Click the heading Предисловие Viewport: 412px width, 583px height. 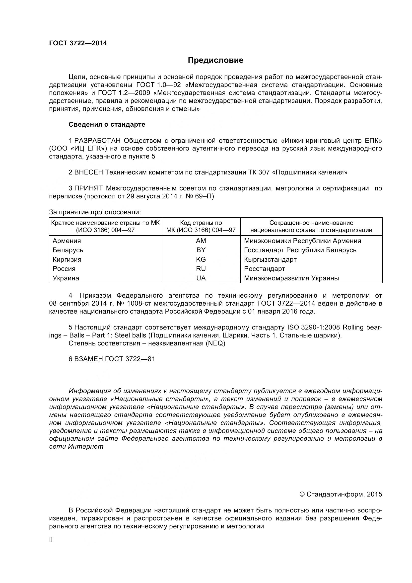(215, 60)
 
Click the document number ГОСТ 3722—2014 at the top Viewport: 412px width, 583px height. (78, 43)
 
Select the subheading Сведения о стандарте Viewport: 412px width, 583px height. (107, 124)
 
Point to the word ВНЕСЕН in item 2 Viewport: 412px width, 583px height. (88, 172)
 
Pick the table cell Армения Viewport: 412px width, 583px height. (67, 241)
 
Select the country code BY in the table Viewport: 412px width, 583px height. (201, 250)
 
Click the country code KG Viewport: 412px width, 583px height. (201, 259)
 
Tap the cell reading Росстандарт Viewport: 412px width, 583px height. (264, 269)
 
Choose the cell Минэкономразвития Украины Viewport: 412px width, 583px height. (291, 278)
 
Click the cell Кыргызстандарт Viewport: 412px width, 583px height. (270, 259)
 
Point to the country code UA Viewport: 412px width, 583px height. (201, 278)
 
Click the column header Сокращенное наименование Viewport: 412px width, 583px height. (311, 223)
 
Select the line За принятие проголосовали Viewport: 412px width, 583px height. (95, 212)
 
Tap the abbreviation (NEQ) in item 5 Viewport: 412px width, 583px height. (215, 343)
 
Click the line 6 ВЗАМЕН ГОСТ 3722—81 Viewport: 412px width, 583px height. (112, 359)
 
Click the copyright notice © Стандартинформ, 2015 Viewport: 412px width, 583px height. (341, 501)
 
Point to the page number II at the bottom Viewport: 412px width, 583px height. (51, 540)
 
